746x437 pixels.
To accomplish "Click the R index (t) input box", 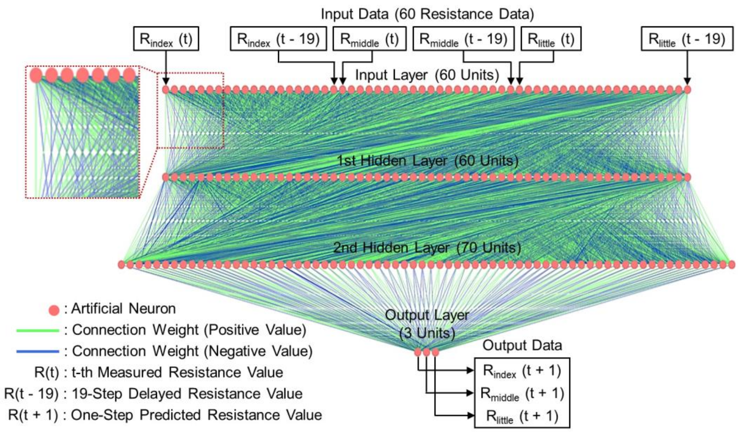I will tap(166, 39).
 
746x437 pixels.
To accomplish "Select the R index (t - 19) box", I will tap(278, 39).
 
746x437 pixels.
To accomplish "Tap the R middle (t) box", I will tap(369, 39).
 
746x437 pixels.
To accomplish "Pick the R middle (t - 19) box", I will tap(463, 39).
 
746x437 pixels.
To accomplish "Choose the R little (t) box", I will tap(551, 39).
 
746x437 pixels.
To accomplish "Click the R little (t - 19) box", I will tap(687, 39).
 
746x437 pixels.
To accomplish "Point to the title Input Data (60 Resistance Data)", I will tap(427, 14).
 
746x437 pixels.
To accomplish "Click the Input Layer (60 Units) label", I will tap(427, 75).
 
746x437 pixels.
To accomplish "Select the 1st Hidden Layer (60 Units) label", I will tap(427, 160).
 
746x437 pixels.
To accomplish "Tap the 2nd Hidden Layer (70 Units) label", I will tap(427, 247).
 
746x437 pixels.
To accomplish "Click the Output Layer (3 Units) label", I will tap(427, 324).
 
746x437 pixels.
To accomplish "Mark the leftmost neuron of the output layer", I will tap(418, 352).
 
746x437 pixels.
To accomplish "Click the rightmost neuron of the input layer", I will tap(687, 90).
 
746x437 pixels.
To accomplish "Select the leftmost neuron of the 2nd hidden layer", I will tap(122, 264).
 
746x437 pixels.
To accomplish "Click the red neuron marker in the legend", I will tap(54, 310).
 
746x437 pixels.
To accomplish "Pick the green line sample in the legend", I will tap(37, 330).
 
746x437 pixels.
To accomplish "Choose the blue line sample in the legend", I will tap(37, 352).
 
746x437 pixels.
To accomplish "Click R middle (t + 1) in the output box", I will tap(522, 393).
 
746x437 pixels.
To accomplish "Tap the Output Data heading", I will tap(522, 345).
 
